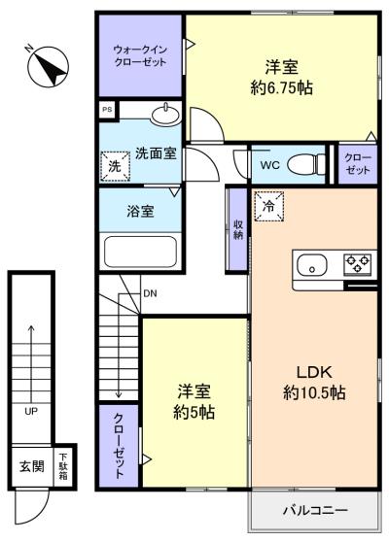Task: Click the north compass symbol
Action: [x=48, y=66]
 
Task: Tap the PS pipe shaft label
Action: [x=107, y=109]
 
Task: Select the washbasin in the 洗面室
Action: [x=165, y=115]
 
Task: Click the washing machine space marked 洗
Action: [x=116, y=166]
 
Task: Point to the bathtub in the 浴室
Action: [x=140, y=252]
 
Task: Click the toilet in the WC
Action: [x=306, y=163]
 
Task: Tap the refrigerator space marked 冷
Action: [x=269, y=206]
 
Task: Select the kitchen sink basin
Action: [x=312, y=265]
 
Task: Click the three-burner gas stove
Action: [x=357, y=264]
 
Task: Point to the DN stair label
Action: [x=150, y=293]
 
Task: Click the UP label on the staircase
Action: [x=31, y=411]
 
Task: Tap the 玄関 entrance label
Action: [x=32, y=466]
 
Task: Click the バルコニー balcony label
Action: [x=315, y=510]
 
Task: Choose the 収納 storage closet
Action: [x=237, y=229]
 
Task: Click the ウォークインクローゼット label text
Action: [x=140, y=56]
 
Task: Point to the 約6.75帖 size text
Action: [x=282, y=88]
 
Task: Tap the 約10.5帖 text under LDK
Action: [x=314, y=393]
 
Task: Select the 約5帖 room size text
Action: [x=194, y=413]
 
